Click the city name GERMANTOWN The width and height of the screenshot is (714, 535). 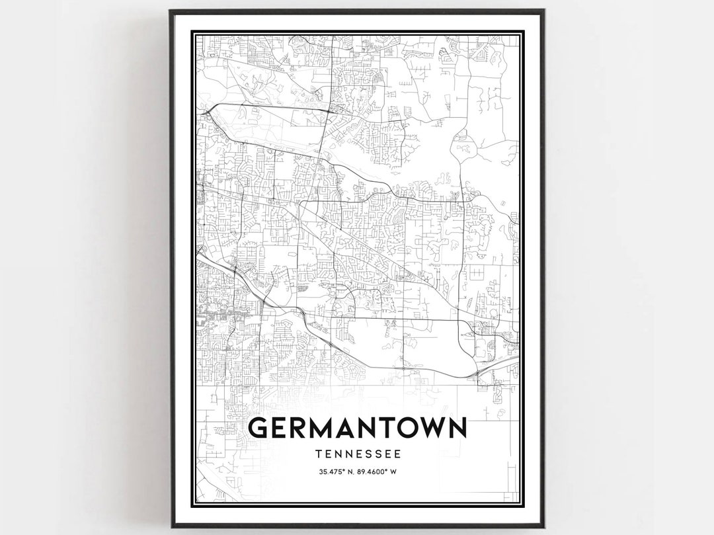[357, 429]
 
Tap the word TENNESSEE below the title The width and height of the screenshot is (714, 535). [357, 454]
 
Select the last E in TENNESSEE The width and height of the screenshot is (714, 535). [397, 454]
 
